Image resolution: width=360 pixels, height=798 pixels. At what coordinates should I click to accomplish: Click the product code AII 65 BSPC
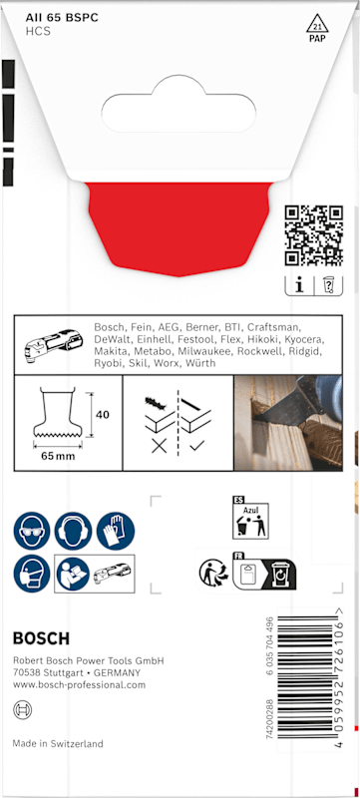coord(62,18)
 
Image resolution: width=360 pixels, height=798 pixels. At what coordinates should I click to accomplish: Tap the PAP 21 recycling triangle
coord(317,27)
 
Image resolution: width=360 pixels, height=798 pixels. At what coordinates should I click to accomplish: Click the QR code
coord(313,235)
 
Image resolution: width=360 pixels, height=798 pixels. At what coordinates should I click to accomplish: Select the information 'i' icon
coord(299,285)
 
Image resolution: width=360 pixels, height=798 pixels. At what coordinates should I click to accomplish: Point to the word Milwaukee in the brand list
coord(200,352)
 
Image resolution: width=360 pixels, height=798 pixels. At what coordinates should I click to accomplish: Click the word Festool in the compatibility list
coord(209,339)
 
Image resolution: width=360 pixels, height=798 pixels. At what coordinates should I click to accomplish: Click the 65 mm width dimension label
coord(58,456)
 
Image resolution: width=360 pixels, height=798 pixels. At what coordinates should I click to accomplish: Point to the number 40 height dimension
coord(103,415)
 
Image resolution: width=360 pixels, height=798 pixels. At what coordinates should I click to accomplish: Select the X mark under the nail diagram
coord(160,447)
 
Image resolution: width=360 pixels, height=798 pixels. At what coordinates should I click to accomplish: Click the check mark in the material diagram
coord(196,446)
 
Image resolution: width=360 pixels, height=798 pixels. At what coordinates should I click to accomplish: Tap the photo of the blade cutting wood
coord(288,423)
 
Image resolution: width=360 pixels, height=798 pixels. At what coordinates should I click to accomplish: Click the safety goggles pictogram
coord(32,531)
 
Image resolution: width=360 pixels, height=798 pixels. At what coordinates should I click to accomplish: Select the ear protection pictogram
coord(73,531)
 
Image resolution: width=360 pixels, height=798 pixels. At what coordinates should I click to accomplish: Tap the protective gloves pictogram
coord(116,531)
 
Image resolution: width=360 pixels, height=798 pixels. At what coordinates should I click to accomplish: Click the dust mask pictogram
coord(32,574)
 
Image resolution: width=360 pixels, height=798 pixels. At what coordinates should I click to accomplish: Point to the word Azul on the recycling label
coord(250,510)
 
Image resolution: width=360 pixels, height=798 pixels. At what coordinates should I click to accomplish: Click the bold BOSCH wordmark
coord(41,638)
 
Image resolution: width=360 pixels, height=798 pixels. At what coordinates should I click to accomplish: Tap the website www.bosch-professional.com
coord(79,685)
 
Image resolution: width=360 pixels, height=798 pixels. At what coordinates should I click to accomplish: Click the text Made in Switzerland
coord(58,743)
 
